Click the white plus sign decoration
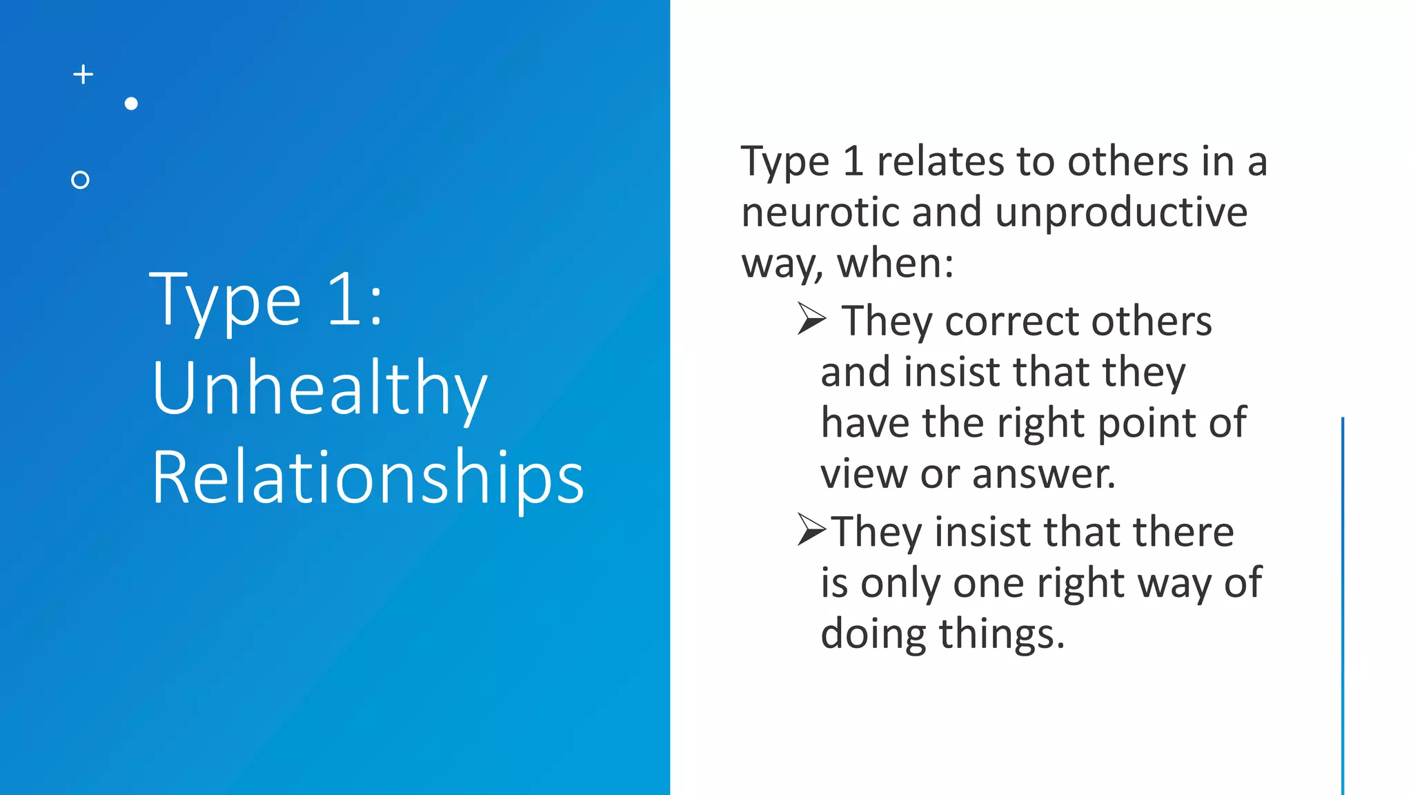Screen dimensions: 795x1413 [x=83, y=75]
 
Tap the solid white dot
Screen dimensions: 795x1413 [x=131, y=104]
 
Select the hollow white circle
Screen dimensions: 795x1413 [x=81, y=180]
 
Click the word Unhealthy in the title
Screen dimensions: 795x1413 [x=319, y=389]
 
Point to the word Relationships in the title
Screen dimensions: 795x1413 [x=368, y=478]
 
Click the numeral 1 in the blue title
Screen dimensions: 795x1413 [x=344, y=300]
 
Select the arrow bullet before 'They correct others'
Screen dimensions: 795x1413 [x=811, y=319]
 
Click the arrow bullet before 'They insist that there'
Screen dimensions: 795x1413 [x=811, y=530]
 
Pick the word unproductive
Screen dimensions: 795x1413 [x=1121, y=212]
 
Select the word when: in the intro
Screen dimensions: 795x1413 [x=896, y=263]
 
